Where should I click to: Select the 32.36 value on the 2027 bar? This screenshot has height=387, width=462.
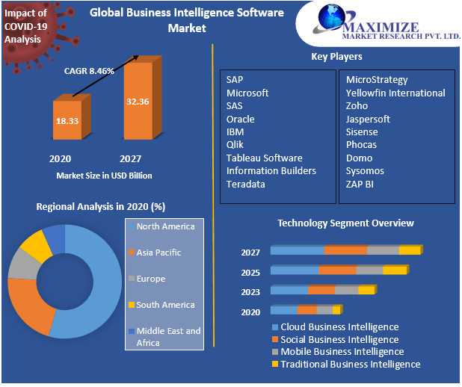tap(138, 101)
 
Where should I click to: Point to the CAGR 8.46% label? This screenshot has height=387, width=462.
tap(88, 71)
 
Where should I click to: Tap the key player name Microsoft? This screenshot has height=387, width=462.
tap(247, 93)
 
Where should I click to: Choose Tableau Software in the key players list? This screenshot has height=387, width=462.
tap(264, 158)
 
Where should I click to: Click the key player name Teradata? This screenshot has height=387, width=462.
tap(245, 184)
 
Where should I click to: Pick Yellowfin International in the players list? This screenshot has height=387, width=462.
tap(395, 93)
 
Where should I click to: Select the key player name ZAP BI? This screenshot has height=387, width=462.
tap(360, 184)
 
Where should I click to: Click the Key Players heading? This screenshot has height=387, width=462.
tap(336, 57)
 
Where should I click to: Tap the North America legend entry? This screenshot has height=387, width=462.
tap(164, 226)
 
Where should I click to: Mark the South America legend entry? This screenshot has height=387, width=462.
tap(164, 305)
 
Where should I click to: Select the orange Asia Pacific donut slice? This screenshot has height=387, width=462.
tap(30, 303)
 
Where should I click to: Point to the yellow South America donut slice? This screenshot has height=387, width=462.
tap(34, 244)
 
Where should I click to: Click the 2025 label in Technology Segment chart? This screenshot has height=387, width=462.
tap(250, 273)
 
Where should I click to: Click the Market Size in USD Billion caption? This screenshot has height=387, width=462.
tap(104, 176)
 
